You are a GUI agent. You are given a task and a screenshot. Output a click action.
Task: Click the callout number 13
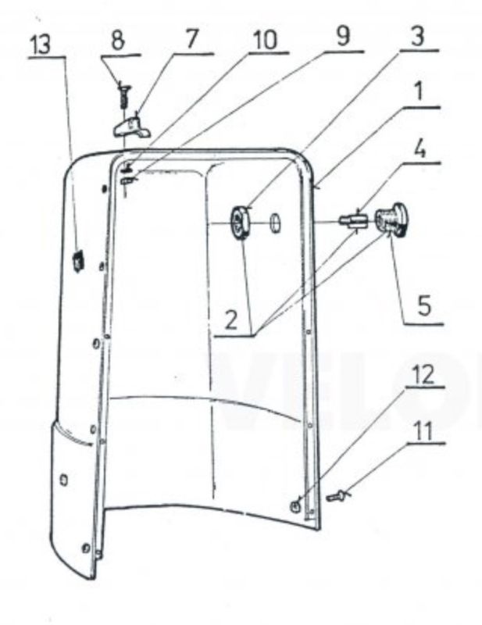(x=42, y=45)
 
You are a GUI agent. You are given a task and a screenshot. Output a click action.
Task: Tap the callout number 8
(x=118, y=41)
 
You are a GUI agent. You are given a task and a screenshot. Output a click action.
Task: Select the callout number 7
(x=191, y=40)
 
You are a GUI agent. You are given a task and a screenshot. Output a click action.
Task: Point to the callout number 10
(x=266, y=40)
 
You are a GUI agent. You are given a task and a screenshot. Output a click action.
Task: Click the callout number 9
(x=343, y=36)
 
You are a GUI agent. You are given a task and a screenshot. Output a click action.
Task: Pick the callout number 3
(x=417, y=36)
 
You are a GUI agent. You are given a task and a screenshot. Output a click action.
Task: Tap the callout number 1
(x=418, y=92)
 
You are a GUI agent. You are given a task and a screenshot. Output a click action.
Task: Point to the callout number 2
(x=232, y=320)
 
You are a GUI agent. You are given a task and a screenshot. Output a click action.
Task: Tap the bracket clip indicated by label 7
(x=132, y=127)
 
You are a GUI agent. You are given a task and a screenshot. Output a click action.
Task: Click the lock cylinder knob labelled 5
(x=393, y=220)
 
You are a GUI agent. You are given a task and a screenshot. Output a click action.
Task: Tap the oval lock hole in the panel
(x=275, y=222)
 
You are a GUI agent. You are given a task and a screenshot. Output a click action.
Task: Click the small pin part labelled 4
(x=352, y=220)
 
